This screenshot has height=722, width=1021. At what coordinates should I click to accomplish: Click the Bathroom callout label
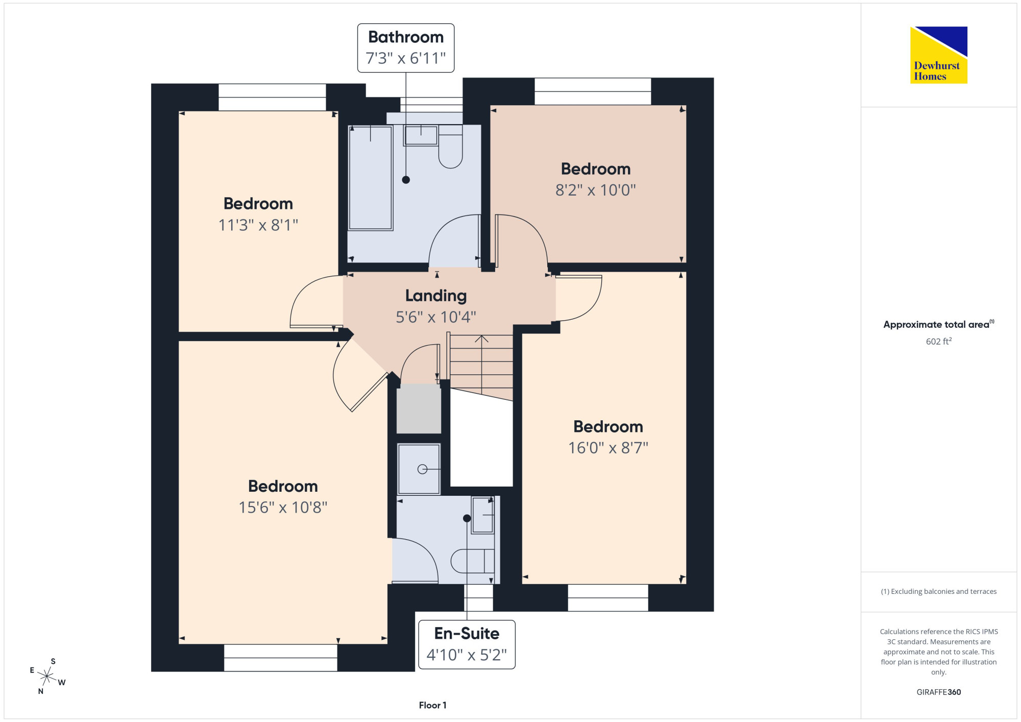pyautogui.click(x=406, y=48)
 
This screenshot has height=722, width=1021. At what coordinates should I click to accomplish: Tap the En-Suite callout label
pyautogui.click(x=467, y=644)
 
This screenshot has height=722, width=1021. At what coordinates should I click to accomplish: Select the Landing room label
pyautogui.click(x=436, y=296)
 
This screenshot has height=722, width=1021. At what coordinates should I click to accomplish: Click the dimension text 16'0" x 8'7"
pyautogui.click(x=608, y=448)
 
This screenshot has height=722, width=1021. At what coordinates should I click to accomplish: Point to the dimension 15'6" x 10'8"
pyautogui.click(x=283, y=507)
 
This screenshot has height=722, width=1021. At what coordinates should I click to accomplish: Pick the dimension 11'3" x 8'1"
pyautogui.click(x=258, y=225)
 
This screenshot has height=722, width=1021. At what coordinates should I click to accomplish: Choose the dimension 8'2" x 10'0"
pyautogui.click(x=596, y=190)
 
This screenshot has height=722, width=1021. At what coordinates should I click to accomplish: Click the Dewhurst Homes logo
pyautogui.click(x=939, y=55)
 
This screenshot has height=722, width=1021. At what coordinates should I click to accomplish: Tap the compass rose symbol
pyautogui.click(x=47, y=677)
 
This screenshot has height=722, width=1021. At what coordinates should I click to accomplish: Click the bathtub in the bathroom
pyautogui.click(x=371, y=178)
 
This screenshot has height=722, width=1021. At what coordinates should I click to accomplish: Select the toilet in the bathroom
pyautogui.click(x=450, y=147)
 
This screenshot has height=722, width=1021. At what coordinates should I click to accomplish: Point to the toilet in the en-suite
pyautogui.click(x=473, y=561)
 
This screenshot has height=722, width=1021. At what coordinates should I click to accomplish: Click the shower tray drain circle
pyautogui.click(x=422, y=469)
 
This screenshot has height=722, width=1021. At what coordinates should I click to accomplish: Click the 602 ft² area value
pyautogui.click(x=939, y=341)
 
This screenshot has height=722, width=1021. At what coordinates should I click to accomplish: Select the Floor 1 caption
pyautogui.click(x=432, y=705)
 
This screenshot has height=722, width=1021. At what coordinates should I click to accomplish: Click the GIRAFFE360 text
pyautogui.click(x=938, y=692)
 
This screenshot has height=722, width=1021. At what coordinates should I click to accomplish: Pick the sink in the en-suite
pyautogui.click(x=482, y=515)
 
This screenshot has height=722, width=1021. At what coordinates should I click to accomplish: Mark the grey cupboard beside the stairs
pyautogui.click(x=419, y=409)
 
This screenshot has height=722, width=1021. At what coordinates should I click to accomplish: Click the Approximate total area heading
pyautogui.click(x=939, y=324)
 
